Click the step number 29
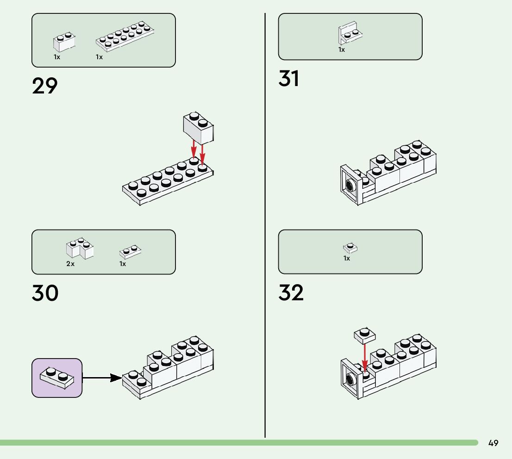[45, 86]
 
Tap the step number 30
[45, 293]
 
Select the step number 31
[289, 79]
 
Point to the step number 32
[291, 293]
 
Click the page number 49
[493, 443]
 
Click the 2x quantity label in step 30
[70, 264]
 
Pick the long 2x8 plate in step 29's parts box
[125, 36]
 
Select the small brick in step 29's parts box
[64, 41]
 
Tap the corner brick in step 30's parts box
[80, 248]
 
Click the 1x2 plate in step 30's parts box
[130, 251]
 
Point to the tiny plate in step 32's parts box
[350, 248]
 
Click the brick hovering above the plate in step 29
[198, 127]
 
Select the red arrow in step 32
[365, 357]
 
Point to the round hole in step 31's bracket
[350, 186]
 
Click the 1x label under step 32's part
[347, 258]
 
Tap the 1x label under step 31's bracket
[342, 50]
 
